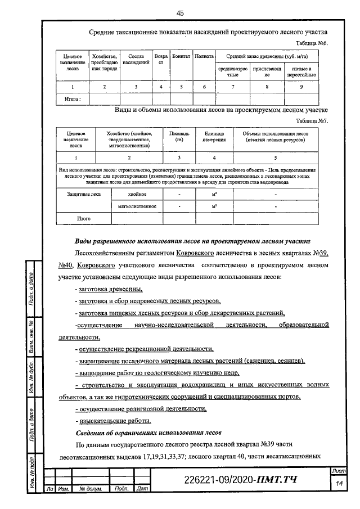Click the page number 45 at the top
(180, 13)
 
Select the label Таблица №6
(312, 43)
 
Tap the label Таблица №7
(312, 121)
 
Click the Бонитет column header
(181, 57)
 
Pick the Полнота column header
(204, 57)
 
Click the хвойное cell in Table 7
(138, 194)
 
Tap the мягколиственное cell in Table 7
(138, 206)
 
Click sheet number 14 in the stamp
(339, 484)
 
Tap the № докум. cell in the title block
(90, 489)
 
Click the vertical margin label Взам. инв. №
(33, 336)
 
